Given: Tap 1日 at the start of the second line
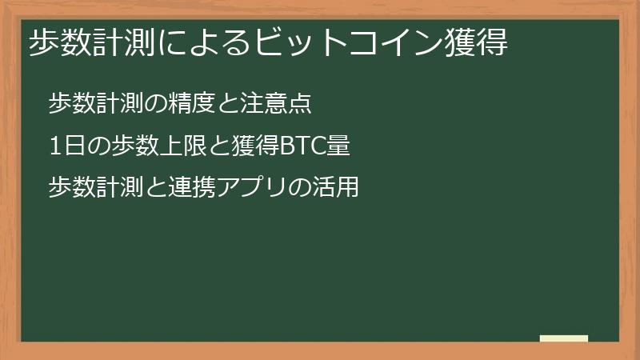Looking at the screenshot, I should click(x=63, y=146).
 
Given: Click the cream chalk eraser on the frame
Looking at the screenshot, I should click(x=564, y=338).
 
